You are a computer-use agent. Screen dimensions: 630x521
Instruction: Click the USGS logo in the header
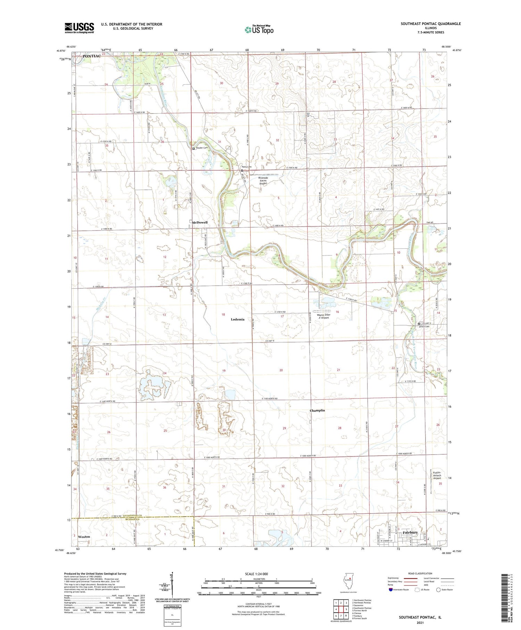point(79,28)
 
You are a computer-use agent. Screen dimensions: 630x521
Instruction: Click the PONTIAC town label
point(91,56)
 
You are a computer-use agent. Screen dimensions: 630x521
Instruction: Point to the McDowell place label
point(200,222)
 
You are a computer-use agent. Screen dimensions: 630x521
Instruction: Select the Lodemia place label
point(238,319)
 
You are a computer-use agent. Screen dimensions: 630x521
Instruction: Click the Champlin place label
point(317,410)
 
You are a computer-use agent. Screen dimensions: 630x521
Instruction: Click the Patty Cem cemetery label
point(247,167)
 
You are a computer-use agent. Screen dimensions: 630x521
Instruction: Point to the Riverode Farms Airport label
point(263,181)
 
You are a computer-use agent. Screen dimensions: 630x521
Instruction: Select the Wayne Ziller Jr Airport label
point(323,316)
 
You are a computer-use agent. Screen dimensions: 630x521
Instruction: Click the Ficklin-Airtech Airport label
point(437,475)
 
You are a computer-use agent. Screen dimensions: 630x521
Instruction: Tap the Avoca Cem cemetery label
point(424,326)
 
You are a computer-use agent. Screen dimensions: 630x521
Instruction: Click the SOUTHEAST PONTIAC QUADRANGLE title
point(431,24)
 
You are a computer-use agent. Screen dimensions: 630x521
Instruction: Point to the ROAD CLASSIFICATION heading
point(420,573)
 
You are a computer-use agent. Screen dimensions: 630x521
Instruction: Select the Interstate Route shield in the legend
point(390,589)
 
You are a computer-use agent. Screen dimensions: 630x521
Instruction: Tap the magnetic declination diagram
point(172,586)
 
